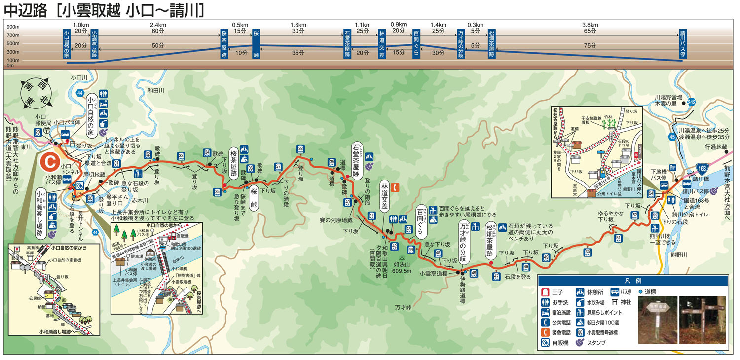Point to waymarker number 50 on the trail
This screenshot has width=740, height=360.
(x=588, y=253)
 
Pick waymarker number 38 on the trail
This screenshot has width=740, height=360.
(x=300, y=149)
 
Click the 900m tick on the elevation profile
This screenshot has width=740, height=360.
(x=13, y=27)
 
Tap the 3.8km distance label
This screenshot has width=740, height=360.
(x=590, y=25)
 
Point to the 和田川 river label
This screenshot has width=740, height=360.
(x=156, y=91)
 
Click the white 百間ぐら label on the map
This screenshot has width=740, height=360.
(x=422, y=220)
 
